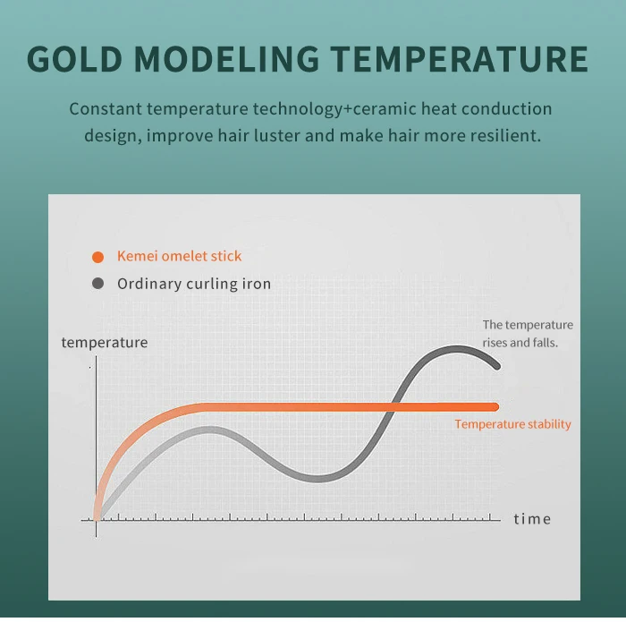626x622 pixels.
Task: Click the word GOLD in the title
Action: tap(74, 59)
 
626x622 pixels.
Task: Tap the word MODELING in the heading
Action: tap(226, 59)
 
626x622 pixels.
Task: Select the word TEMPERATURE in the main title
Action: tap(459, 59)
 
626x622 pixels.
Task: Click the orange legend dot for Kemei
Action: tap(97, 257)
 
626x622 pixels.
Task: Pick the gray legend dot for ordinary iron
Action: tap(97, 283)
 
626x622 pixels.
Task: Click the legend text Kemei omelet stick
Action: tap(179, 256)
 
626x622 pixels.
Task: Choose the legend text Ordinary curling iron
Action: tap(194, 284)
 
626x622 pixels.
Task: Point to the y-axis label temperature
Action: tap(105, 343)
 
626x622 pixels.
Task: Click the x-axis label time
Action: tap(532, 519)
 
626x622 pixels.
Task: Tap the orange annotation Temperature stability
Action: tap(512, 424)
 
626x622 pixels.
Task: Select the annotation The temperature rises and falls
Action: tap(528, 334)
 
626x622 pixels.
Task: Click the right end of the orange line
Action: tap(495, 407)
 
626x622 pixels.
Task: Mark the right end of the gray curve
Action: tap(497, 366)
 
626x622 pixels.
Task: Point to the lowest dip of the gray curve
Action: tap(317, 479)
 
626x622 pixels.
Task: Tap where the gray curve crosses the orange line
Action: tap(393, 407)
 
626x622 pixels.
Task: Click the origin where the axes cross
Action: tap(97, 520)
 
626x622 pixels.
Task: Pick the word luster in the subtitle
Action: tap(277, 135)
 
